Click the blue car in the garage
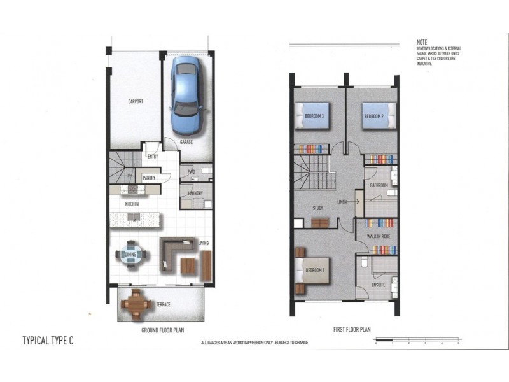pos(186,93)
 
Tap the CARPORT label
pos(136,101)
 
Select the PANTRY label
pos(150,178)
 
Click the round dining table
pos(130,254)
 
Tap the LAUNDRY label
pos(195,194)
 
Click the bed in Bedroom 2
pos(378,116)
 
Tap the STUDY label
pos(318,208)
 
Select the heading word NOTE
pos(423,41)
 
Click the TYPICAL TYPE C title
pos(48,341)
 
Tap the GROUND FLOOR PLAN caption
pos(162,330)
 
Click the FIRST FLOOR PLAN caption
pos(352,330)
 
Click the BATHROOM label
pos(379,185)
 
